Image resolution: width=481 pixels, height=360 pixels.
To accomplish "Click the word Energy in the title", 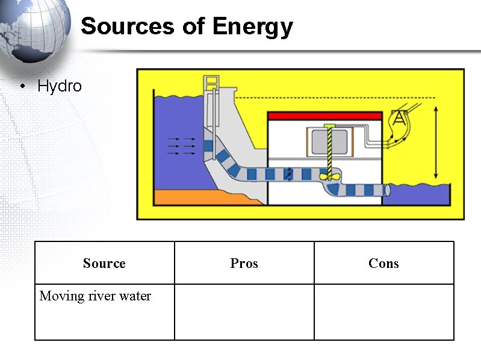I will click(252, 26).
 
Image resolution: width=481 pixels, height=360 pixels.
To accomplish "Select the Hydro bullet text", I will click(59, 86).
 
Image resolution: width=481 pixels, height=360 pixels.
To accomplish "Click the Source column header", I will click(104, 263).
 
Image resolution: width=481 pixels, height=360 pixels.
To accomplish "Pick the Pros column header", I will click(244, 263).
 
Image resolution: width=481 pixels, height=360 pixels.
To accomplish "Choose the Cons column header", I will click(383, 263).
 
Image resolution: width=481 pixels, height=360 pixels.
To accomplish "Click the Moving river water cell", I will click(95, 296).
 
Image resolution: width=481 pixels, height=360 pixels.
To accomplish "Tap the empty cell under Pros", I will click(244, 312).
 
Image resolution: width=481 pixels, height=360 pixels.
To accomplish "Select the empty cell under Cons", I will click(383, 312).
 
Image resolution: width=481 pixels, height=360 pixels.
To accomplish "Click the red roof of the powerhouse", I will click(324, 115).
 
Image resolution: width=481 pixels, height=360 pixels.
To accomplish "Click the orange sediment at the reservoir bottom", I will click(181, 197).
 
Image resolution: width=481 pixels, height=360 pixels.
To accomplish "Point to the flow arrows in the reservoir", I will click(181, 146).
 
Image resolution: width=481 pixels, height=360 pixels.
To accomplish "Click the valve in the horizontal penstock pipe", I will click(289, 173).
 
